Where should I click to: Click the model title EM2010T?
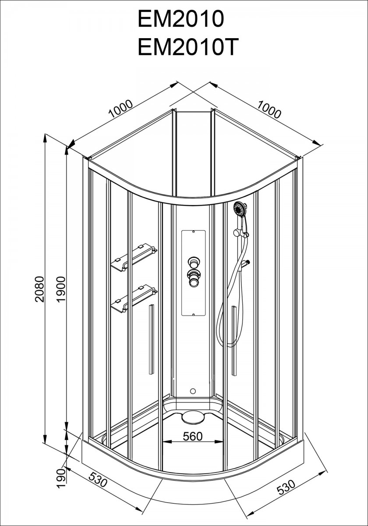[x=186, y=47]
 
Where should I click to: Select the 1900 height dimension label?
[x=61, y=289]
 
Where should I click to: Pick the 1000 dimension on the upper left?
[x=121, y=109]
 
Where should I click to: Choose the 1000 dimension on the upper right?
[x=269, y=109]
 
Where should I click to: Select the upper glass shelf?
[x=134, y=258]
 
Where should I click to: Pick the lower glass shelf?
[x=134, y=299]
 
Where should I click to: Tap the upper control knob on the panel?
[x=194, y=262]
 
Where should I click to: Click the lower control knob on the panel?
[x=194, y=278]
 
